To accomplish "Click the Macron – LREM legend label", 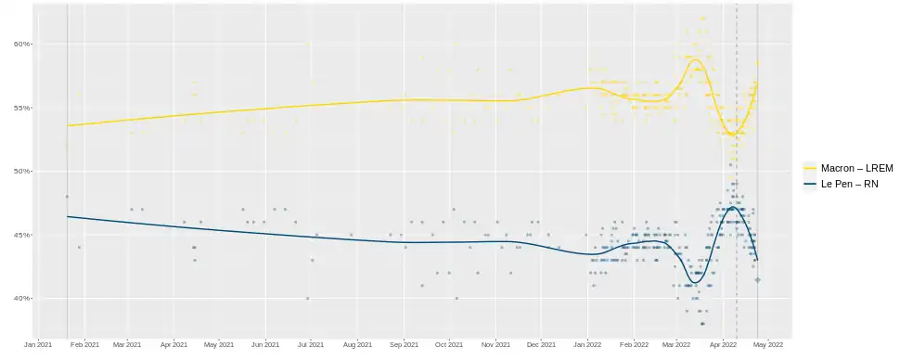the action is (857, 168).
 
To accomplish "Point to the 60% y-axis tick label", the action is (22, 45).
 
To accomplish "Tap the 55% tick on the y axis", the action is (22, 108).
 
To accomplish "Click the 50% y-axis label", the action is (22, 171).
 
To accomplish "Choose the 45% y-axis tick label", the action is (22, 235).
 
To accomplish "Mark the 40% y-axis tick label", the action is (22, 299).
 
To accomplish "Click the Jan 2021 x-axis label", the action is (38, 345).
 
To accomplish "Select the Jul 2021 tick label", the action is (311, 345).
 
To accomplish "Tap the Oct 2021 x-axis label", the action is (449, 345).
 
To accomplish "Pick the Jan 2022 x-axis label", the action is (587, 345).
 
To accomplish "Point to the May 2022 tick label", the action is (768, 345).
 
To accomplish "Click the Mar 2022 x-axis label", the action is (676, 345).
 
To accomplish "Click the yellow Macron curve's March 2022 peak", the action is (696, 59).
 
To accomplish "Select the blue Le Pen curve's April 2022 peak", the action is (734, 207).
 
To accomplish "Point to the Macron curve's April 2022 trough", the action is (732, 135).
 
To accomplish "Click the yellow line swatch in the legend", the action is (810, 168).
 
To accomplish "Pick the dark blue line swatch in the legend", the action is (810, 184).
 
